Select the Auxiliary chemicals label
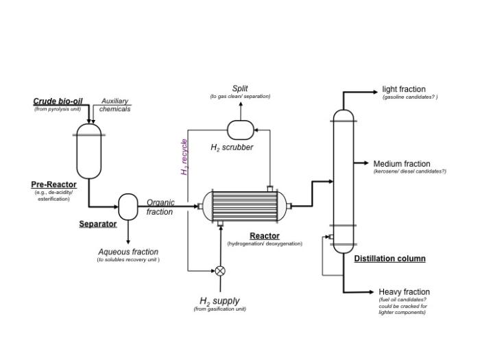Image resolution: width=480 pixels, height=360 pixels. [115, 105]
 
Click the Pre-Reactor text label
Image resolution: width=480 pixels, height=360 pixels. [53, 184]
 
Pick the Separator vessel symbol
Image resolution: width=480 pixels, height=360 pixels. [128, 206]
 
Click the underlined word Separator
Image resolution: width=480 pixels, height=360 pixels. [97, 224]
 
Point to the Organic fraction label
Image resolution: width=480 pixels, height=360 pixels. [160, 207]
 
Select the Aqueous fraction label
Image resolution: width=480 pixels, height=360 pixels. [128, 252]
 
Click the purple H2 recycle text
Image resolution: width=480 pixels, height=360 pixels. [184, 157]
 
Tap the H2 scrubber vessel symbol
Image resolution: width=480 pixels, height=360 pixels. [240, 130]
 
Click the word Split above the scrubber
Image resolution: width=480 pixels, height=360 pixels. [240, 88]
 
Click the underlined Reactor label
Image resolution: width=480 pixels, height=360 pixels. [265, 236]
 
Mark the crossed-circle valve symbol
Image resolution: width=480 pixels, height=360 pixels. [220, 271]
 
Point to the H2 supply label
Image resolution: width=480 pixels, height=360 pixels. [219, 301]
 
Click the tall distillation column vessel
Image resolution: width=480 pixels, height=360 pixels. [343, 180]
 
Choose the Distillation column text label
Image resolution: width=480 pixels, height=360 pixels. [389, 259]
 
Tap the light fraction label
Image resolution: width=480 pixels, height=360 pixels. [404, 89]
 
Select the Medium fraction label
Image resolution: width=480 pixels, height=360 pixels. [402, 164]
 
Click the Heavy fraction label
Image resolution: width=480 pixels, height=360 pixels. [404, 291]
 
